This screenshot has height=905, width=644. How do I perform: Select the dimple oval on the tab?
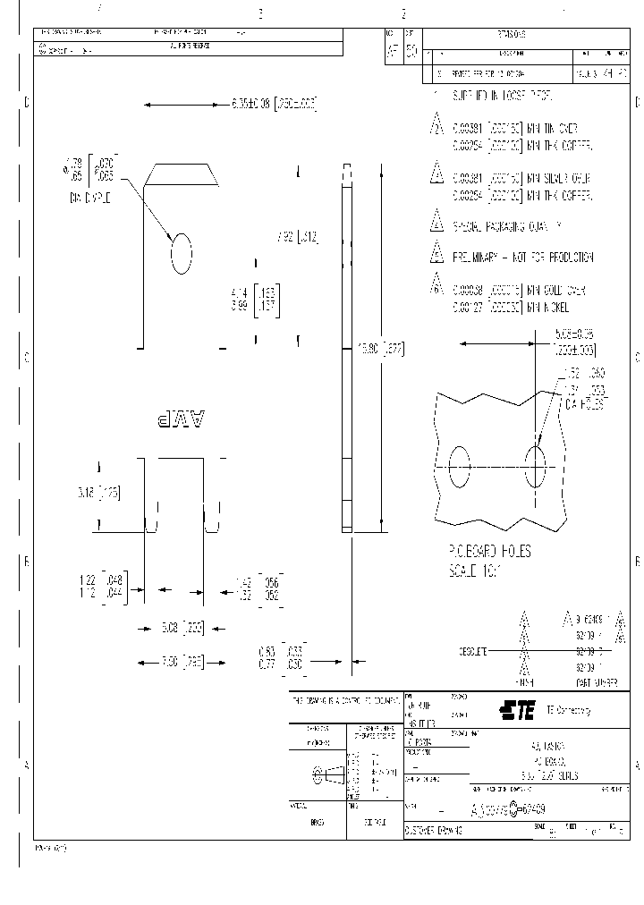pos(182,253)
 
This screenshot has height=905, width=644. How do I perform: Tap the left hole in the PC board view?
pos(459,468)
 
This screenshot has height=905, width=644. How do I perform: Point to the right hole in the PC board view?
pos(536,468)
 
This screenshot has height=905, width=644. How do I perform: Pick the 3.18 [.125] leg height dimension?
pos(98,492)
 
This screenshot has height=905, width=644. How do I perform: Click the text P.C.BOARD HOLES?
pos(488,552)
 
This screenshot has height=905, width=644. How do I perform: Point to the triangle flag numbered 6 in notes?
pos(436,284)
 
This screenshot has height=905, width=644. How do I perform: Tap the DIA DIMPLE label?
pos(88,197)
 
